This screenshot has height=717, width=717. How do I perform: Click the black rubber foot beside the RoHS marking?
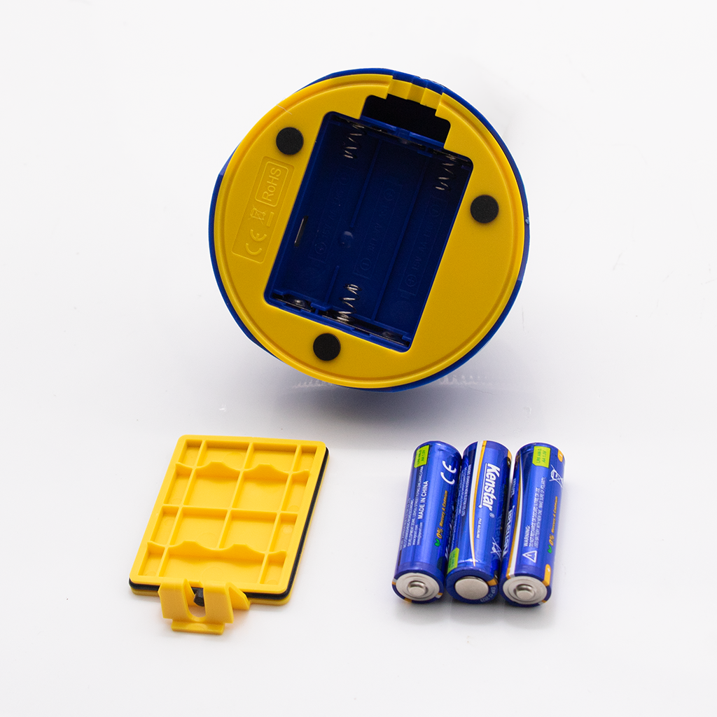coord(289,141)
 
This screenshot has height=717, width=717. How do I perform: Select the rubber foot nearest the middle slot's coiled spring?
coord(326,347)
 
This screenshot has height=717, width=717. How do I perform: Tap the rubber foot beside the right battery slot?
coord(484,209)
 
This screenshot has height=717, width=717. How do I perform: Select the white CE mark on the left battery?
coord(450,474)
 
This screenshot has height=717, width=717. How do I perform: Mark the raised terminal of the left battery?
coord(418,588)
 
